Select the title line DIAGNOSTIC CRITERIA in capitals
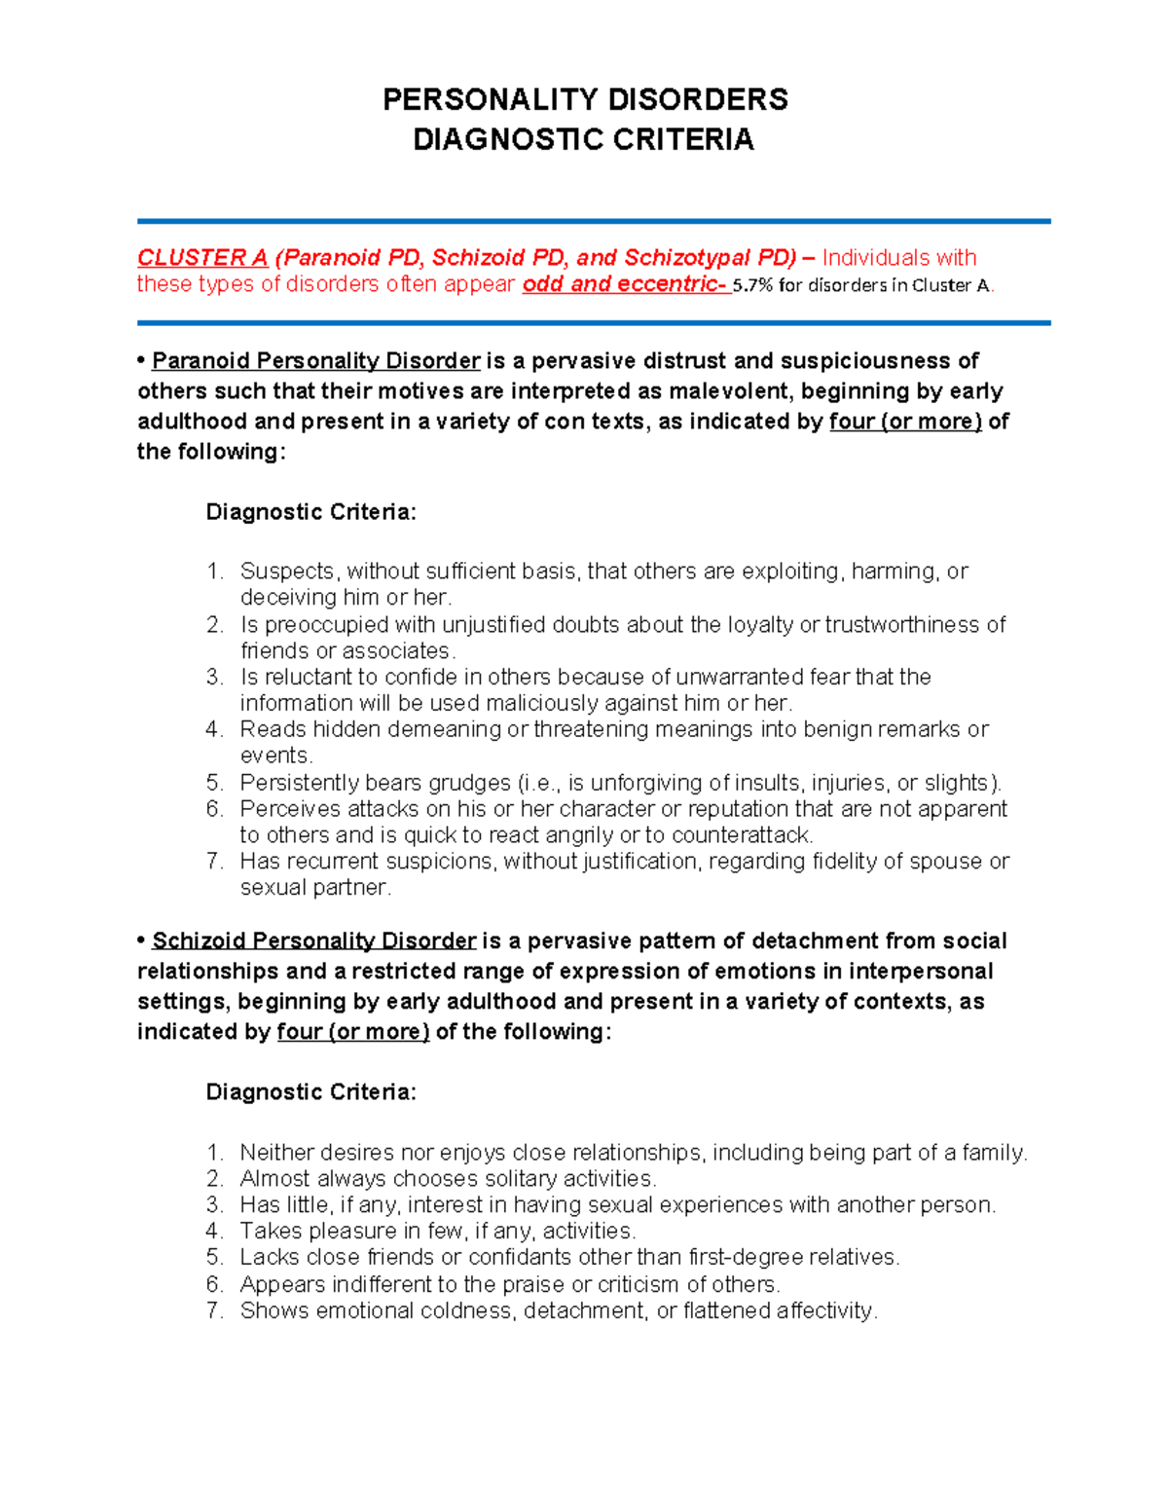pos(583,140)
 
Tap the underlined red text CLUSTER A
pos(201,258)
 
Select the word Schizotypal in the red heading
pos(679,258)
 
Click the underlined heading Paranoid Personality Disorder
pos(316,361)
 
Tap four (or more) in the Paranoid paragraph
pos(905,422)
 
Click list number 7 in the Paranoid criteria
pos(215,862)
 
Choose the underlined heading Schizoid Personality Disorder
pos(314,941)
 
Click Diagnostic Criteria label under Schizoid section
pos(310,1092)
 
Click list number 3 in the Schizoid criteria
pos(215,1205)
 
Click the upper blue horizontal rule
pos(594,222)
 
